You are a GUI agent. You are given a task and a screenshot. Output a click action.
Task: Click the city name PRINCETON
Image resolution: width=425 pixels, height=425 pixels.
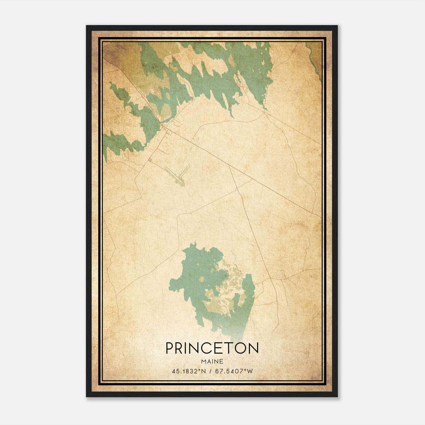click(212, 348)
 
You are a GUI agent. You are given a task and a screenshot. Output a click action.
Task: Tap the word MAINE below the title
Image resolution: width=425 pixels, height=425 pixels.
click(212, 362)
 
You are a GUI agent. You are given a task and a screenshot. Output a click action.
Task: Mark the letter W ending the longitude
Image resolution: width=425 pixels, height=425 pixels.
click(250, 371)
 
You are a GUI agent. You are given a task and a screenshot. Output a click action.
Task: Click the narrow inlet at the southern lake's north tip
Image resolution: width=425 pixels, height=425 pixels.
click(195, 244)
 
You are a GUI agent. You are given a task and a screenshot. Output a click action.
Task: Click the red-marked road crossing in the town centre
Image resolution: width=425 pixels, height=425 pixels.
click(163, 126)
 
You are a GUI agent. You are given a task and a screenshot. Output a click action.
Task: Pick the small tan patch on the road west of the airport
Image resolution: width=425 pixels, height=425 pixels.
click(150, 160)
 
